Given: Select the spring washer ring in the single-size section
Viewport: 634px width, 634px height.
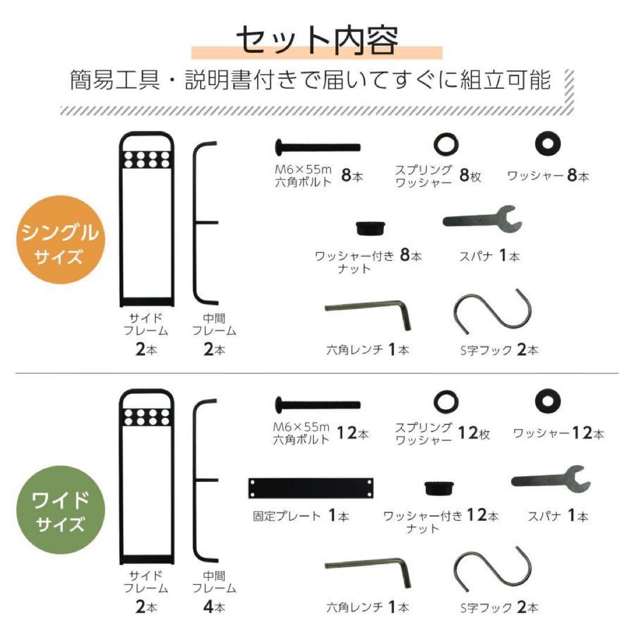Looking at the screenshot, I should pyautogui.click(x=446, y=144).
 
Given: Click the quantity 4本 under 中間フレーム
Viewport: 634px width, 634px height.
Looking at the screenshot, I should pyautogui.click(x=214, y=606).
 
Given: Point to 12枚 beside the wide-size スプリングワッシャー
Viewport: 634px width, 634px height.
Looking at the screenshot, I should pyautogui.click(x=474, y=434).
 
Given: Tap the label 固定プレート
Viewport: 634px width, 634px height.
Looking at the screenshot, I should pyautogui.click(x=286, y=517).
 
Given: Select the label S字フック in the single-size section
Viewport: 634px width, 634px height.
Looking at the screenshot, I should pyautogui.click(x=486, y=350).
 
